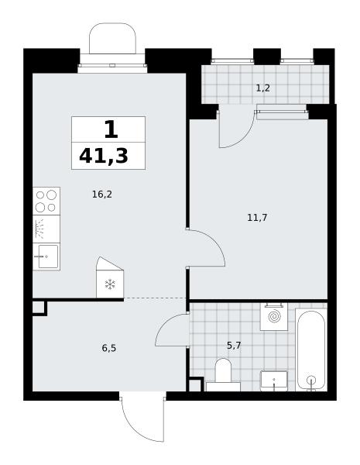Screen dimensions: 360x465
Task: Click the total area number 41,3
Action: [104, 156]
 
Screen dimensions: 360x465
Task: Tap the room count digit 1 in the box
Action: [111, 130]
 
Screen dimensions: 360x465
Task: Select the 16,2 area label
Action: [102, 195]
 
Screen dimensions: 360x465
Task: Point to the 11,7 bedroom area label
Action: [257, 218]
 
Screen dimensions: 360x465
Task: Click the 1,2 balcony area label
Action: [262, 88]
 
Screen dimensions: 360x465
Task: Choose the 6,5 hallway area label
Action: [109, 348]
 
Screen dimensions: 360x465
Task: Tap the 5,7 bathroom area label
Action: [234, 345]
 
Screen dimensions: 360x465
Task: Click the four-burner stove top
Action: [46, 201]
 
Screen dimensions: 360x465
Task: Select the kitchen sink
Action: [46, 257]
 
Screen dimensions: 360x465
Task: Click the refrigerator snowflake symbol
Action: [110, 284]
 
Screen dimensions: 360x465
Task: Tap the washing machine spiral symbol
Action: [274, 316]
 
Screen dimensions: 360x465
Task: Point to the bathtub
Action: [311, 350]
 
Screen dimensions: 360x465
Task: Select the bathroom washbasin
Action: [274, 381]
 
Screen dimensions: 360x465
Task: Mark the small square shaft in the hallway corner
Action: [39, 308]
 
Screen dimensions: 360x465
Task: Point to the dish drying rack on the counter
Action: [39, 229]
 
